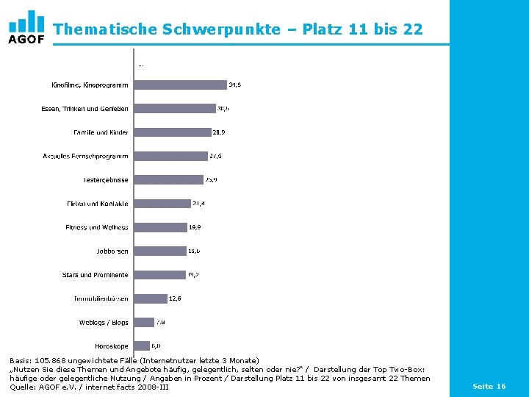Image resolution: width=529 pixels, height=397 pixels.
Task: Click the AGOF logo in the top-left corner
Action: pyautogui.click(x=26, y=28)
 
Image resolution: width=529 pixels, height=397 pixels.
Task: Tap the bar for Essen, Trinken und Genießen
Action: pyautogui.click(x=175, y=109)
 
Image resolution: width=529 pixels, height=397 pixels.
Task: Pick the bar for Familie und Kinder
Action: pyautogui.click(x=173, y=132)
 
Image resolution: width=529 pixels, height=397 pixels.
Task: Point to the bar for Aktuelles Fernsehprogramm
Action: pyautogui.click(x=170, y=156)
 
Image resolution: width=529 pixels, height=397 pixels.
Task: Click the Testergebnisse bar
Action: pyautogui.click(x=168, y=179)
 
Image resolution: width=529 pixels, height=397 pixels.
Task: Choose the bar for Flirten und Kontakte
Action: pyautogui.click(x=162, y=204)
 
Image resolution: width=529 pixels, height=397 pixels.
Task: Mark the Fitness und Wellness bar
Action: pyautogui.click(x=160, y=227)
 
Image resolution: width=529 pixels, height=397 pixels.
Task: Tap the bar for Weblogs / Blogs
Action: pyautogui.click(x=144, y=322)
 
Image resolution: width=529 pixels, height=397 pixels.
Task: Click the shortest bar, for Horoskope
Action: pyautogui.click(x=142, y=346)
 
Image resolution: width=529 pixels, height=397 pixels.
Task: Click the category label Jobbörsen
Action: pyautogui.click(x=112, y=251)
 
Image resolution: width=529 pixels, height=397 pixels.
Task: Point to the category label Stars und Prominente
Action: pyautogui.click(x=95, y=275)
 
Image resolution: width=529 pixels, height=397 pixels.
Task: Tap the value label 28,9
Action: pyautogui.click(x=218, y=132)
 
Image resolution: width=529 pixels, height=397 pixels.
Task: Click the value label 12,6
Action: pyautogui.click(x=175, y=298)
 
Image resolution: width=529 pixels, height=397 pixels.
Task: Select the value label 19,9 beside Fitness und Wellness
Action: pyautogui.click(x=195, y=227)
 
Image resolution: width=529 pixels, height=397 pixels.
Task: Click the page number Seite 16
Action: pyautogui.click(x=489, y=386)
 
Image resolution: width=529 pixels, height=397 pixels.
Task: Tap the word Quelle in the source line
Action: pyautogui.click(x=22, y=387)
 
